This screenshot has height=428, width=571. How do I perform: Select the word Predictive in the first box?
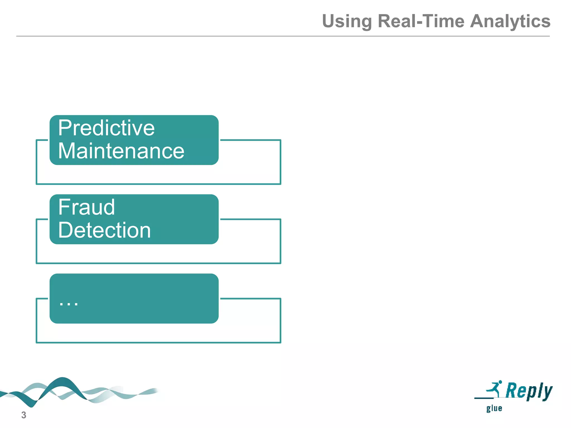[x=106, y=128]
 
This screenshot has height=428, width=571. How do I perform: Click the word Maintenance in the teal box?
[x=121, y=151]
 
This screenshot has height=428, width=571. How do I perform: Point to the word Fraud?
[x=86, y=207]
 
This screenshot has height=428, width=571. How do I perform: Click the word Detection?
[x=105, y=230]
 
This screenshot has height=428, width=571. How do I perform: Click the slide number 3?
[x=24, y=415]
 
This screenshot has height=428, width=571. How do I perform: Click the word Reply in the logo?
[x=529, y=391]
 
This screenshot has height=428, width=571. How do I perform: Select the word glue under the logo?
[x=494, y=408]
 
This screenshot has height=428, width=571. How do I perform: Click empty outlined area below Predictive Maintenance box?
[x=158, y=174]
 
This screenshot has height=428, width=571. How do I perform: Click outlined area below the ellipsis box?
[x=158, y=333]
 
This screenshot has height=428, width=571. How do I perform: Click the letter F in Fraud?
[x=64, y=207]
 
